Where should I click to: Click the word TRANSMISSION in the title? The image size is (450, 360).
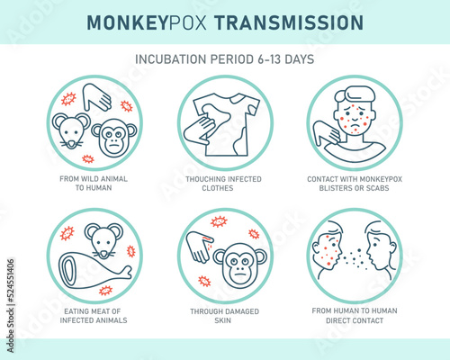click(289, 22)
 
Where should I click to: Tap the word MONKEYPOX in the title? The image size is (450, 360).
click(147, 22)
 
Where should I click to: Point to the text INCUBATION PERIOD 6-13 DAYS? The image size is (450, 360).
click(225, 59)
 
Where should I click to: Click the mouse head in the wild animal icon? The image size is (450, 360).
click(71, 130)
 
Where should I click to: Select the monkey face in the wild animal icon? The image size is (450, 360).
click(114, 138)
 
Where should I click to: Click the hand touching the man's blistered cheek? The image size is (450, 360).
click(327, 132)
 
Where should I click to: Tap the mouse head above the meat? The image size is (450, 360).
click(103, 240)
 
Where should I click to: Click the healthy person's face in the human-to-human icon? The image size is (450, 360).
click(381, 250)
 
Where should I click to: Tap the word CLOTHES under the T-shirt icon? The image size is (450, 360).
click(218, 188)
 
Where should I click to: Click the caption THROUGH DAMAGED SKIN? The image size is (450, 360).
click(224, 316)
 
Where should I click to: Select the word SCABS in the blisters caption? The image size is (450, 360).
click(378, 188)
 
